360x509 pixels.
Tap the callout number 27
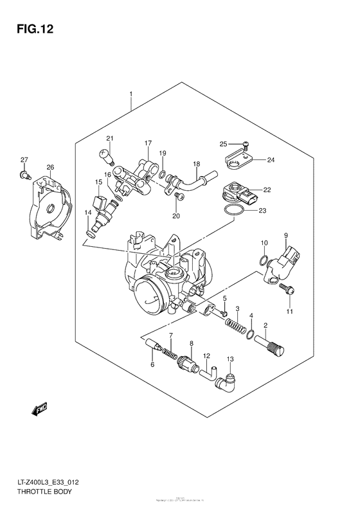(24, 159)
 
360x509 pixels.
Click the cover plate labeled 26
(46, 210)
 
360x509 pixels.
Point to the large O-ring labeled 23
(235, 211)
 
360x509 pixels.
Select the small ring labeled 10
(264, 260)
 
